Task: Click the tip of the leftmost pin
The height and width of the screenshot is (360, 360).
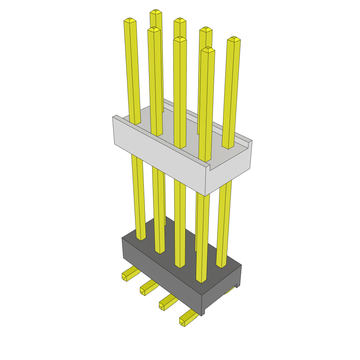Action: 130,20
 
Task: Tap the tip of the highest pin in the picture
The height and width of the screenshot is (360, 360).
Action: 156,12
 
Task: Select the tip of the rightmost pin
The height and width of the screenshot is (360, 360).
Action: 234,39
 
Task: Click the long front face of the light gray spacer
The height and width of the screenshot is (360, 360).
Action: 158,158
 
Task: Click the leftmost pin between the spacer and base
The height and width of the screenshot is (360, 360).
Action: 138,197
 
